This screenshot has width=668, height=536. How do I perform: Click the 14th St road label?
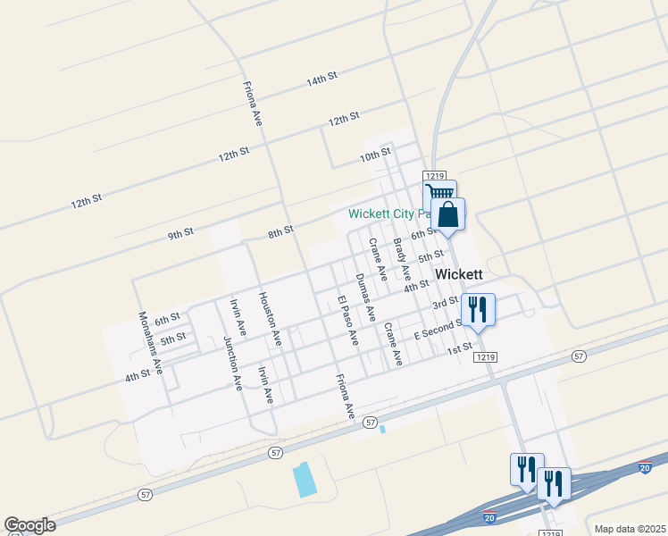pyautogui.click(x=321, y=80)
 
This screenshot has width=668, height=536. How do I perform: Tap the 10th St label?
pyautogui.click(x=375, y=154)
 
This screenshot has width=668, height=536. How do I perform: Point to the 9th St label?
pyautogui.click(x=180, y=234)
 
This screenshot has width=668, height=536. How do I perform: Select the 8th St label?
pyautogui.click(x=280, y=232)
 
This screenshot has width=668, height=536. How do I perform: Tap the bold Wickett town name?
pyautogui.click(x=459, y=274)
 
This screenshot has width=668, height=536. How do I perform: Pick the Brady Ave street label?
pyautogui.click(x=402, y=259)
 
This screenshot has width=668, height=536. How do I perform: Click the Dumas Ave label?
pyautogui.click(x=365, y=297)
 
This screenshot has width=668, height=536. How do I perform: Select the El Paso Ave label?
pyautogui.click(x=347, y=321)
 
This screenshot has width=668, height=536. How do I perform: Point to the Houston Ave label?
pyautogui.click(x=270, y=320)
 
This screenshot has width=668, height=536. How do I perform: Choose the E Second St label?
pyautogui.click(x=438, y=330)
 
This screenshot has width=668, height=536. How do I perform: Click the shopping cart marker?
pyautogui.click(x=439, y=194)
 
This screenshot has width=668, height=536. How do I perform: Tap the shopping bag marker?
pyautogui.click(x=447, y=214)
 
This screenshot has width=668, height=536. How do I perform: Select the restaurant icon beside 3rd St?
pyautogui.click(x=478, y=309)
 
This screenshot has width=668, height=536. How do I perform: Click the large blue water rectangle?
pyautogui.click(x=305, y=480)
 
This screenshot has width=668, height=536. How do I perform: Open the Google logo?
pyautogui.click(x=29, y=525)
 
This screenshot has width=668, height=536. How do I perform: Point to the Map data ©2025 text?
pyautogui.click(x=630, y=529)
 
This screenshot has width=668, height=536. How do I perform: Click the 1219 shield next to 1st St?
pyautogui.click(x=485, y=357)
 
